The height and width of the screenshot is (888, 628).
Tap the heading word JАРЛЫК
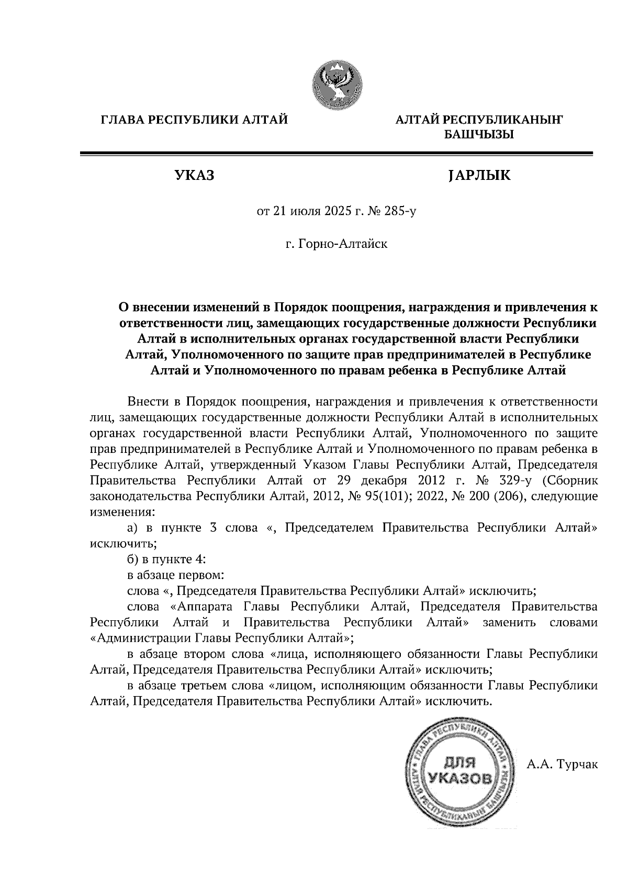[x=478, y=176]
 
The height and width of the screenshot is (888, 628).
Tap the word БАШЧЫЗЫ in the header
[x=478, y=135]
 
